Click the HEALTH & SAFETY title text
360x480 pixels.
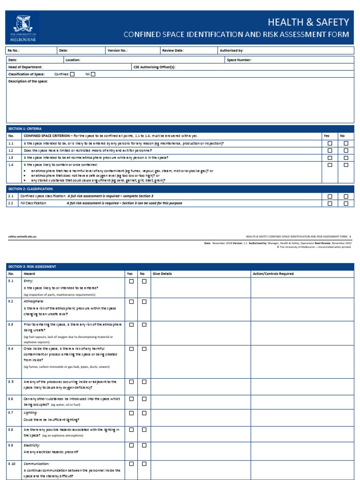click(x=308, y=22)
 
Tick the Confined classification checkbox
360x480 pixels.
click(x=72, y=74)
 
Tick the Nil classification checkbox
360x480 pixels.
click(x=93, y=74)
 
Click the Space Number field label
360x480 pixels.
click(x=239, y=60)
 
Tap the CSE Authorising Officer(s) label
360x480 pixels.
click(x=155, y=67)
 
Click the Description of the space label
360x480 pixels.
click(x=28, y=82)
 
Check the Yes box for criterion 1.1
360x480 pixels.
click(x=330, y=143)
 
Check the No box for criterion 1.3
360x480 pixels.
click(x=346, y=157)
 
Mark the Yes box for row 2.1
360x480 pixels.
click(x=330, y=196)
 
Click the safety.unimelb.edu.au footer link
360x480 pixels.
click(x=22, y=237)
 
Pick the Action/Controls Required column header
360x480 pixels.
click(x=273, y=273)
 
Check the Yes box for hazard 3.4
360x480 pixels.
click(x=131, y=349)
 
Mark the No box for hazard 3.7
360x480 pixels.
click(x=144, y=413)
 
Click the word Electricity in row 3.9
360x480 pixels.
click(x=31, y=445)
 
